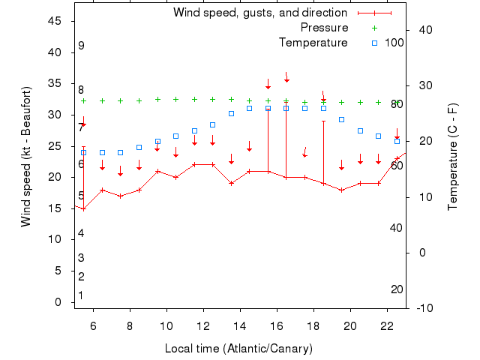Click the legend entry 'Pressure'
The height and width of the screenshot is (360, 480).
[324, 28]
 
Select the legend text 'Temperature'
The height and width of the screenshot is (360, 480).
[313, 43]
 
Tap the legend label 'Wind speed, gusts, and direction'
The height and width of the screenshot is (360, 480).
[259, 13]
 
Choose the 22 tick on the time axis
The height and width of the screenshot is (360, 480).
[386, 326]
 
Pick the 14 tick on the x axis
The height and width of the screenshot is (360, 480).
[240, 326]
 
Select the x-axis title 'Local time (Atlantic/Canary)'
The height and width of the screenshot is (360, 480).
[238, 349]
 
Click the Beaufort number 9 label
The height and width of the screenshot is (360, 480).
[81, 46]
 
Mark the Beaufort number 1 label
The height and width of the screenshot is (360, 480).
[81, 295]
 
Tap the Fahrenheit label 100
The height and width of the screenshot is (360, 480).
[394, 43]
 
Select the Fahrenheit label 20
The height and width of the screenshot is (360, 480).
[397, 289]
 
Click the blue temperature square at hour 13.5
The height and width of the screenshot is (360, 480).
[231, 113]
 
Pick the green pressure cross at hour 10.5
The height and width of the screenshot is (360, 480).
[176, 99]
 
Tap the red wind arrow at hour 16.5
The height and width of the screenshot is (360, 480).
[286, 78]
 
